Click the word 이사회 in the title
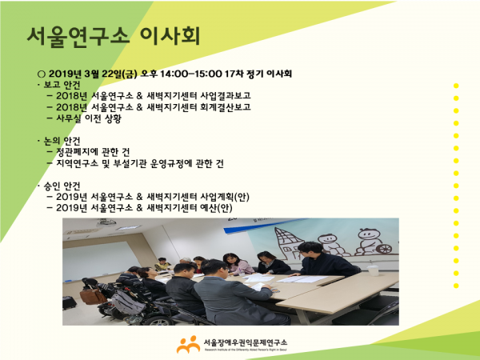point(170,37)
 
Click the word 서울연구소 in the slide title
point(78,37)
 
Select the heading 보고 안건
point(62,85)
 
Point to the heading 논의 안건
point(62,141)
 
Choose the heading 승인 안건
point(62,186)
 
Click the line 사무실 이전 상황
point(89,118)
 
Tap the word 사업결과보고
point(226,95)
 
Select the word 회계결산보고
point(226,107)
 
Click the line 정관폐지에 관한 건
point(93,152)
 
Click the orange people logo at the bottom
point(188,344)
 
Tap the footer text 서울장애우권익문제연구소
point(246,342)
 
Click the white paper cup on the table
point(373,270)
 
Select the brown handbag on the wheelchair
point(93,296)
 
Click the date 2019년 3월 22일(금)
point(93,74)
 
